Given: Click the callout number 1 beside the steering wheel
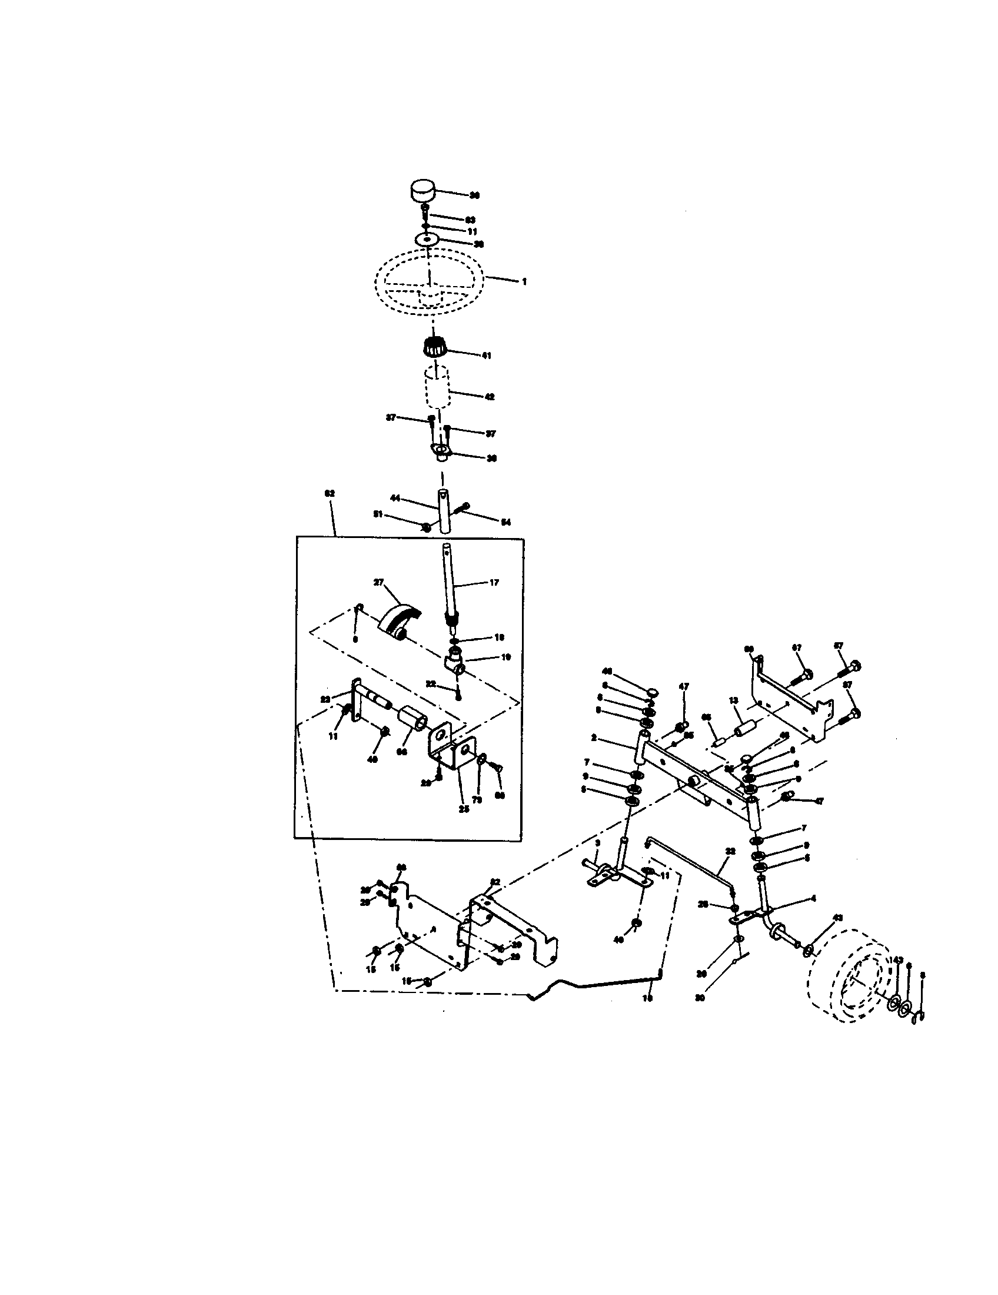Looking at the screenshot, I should click(x=524, y=282).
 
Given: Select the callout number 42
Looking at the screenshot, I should click(x=490, y=397).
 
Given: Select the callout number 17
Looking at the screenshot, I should click(x=494, y=583).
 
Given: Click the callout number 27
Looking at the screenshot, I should click(x=378, y=582).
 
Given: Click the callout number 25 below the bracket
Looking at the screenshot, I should click(x=464, y=809).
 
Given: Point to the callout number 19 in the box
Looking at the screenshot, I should click(x=506, y=657).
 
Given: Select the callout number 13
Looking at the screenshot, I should click(x=734, y=700).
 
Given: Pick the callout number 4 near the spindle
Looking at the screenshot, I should click(x=814, y=899).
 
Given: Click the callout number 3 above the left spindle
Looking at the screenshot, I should click(x=597, y=842).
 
